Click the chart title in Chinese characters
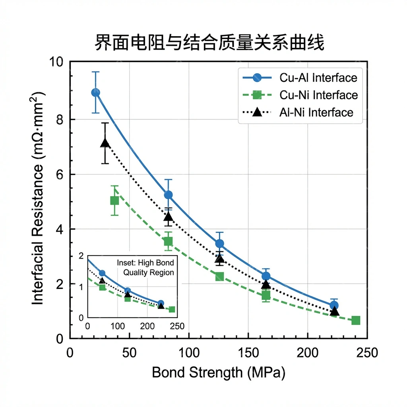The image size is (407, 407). (x=209, y=43)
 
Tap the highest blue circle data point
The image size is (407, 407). (x=95, y=93)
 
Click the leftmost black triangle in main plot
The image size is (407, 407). (x=105, y=143)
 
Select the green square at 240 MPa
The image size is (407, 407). (x=356, y=320)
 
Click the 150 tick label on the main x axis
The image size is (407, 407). (x=248, y=353)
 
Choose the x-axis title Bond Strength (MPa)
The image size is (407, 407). (x=219, y=373)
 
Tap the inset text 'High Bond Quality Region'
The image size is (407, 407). (x=145, y=268)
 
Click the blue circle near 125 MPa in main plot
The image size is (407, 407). (x=219, y=244)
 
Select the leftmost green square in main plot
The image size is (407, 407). (x=114, y=200)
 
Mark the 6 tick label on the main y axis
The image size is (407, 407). (x=60, y=174)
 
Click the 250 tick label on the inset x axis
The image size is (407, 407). (x=177, y=326)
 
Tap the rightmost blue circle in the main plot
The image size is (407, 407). (x=334, y=305)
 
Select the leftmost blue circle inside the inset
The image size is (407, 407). (x=102, y=273)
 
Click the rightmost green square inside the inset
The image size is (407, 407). (x=172, y=310)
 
